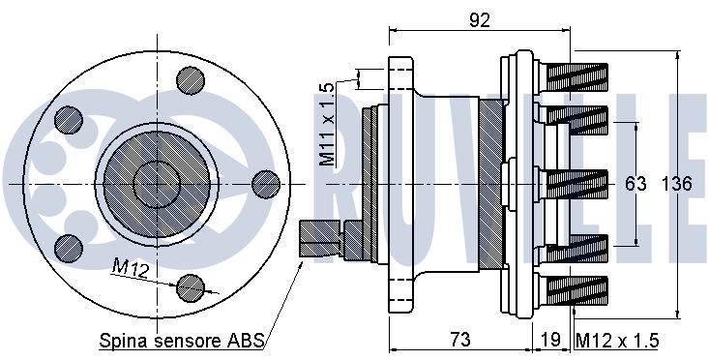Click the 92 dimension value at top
[x=480, y=20]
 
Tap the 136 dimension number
[x=677, y=184]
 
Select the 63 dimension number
[x=635, y=184]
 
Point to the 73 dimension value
[x=460, y=339]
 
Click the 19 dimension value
[x=550, y=340]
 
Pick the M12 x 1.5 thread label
[x=617, y=340]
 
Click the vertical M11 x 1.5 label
[x=327, y=124]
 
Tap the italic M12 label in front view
[x=131, y=270]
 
